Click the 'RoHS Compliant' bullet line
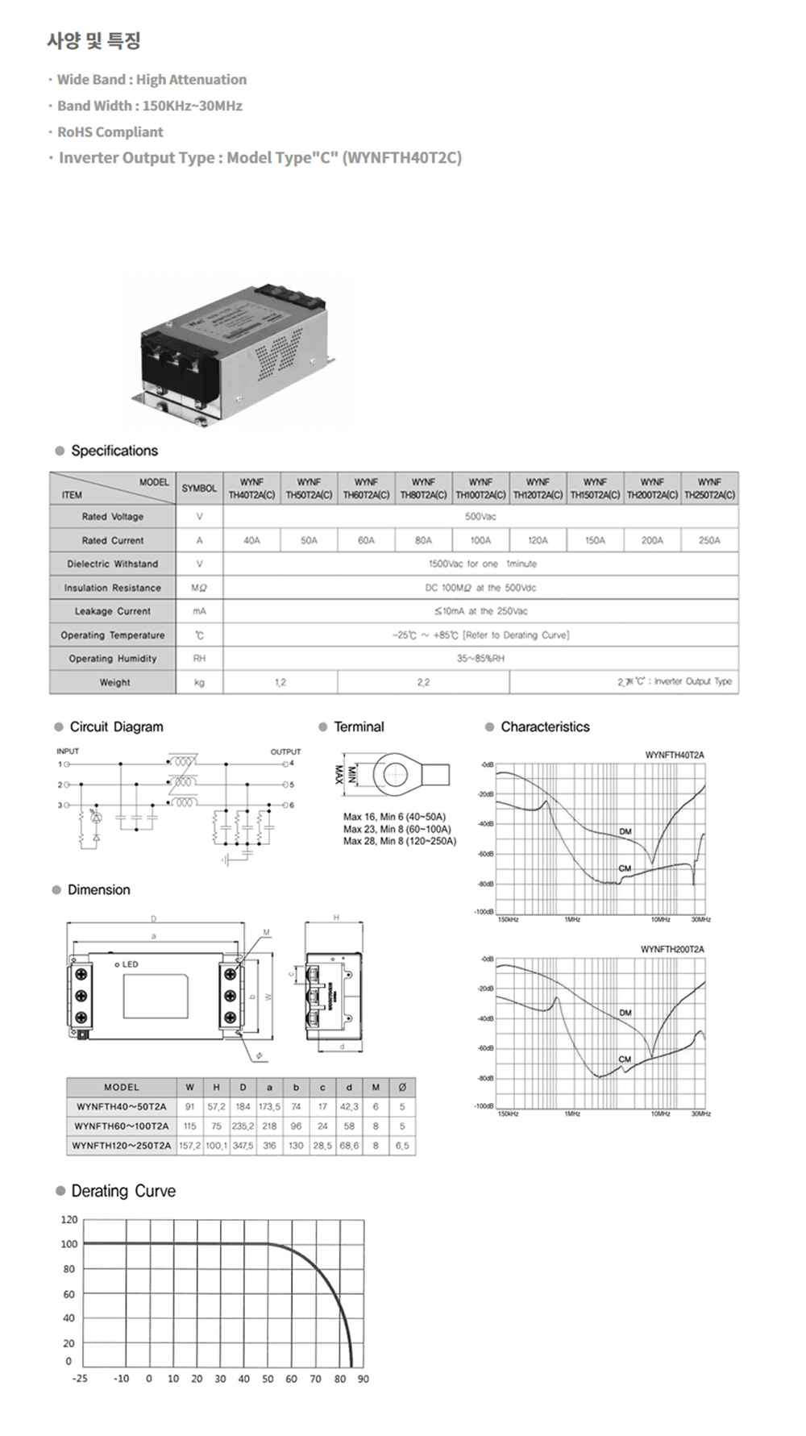(x=110, y=132)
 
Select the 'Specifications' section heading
(x=114, y=451)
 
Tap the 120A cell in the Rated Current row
(x=538, y=540)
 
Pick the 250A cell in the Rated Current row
(x=709, y=540)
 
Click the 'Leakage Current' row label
(x=113, y=611)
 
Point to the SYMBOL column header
(x=199, y=489)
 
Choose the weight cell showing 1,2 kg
(x=280, y=682)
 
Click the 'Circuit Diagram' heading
(x=116, y=726)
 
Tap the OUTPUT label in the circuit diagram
(x=285, y=751)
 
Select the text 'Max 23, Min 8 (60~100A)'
(x=397, y=829)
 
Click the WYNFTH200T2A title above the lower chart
(x=672, y=949)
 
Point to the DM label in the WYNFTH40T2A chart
(x=625, y=831)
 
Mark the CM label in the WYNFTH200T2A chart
(x=625, y=1059)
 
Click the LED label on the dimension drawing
(x=130, y=964)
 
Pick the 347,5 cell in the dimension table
(x=243, y=1146)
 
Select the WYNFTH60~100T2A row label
(x=122, y=1126)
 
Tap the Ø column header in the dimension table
(x=402, y=1088)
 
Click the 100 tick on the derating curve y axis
(x=69, y=1244)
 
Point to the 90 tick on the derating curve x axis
(x=363, y=1379)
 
